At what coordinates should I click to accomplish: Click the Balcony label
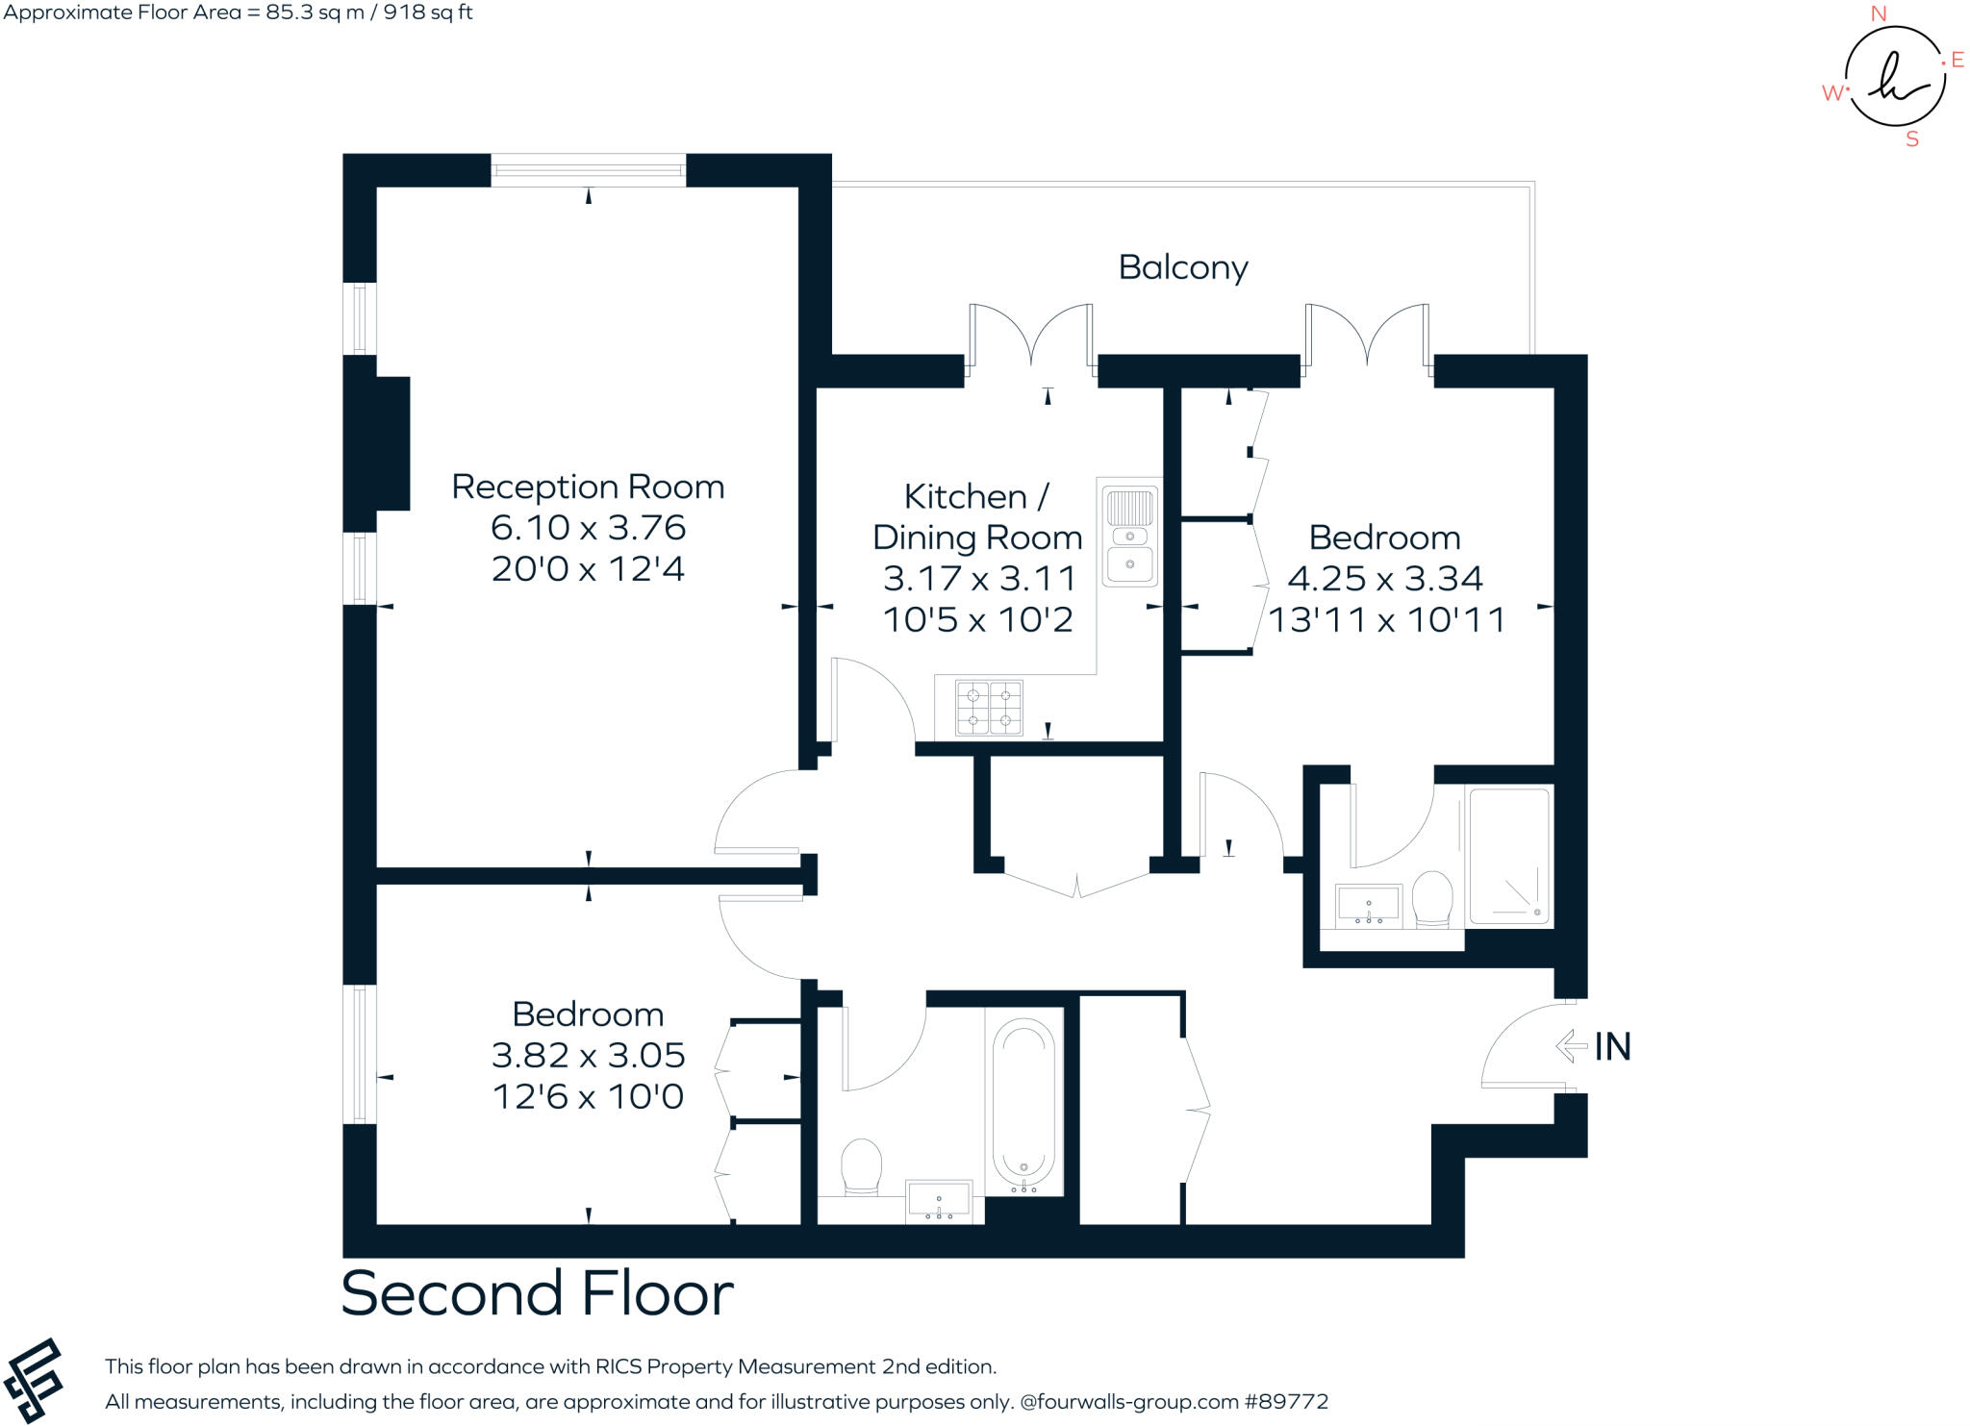tap(1182, 267)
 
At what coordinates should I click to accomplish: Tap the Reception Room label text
tap(588, 487)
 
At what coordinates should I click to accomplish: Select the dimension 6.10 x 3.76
tap(588, 528)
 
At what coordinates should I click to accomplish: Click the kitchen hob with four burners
tap(989, 708)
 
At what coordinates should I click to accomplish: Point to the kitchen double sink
tap(1130, 537)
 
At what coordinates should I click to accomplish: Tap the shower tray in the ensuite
tap(1509, 856)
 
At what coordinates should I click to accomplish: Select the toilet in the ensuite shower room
tap(1431, 900)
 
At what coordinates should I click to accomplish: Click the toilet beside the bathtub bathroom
tap(861, 1166)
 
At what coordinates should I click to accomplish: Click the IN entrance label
tap(1613, 1047)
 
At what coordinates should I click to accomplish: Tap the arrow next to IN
tap(1571, 1046)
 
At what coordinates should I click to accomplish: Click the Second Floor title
tap(537, 1294)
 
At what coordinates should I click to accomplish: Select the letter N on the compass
tap(1878, 14)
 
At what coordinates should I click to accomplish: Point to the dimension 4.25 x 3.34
tap(1385, 579)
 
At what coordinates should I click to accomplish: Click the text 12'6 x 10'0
tap(588, 1097)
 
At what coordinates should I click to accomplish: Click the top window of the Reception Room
tap(588, 171)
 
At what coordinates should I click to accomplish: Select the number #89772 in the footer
tap(1286, 1402)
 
